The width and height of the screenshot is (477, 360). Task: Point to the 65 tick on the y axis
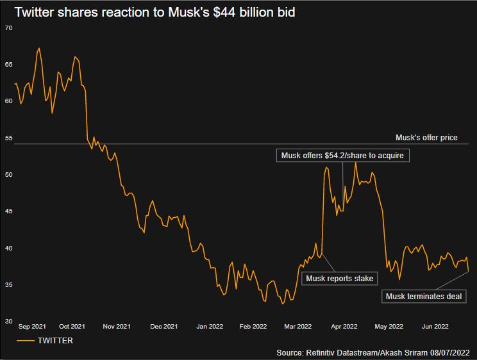coord(8,65)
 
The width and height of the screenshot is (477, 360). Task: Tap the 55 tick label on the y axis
coord(8,138)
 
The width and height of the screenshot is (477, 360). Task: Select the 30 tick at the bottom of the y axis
coord(8,322)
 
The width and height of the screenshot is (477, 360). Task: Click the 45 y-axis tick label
coord(8,211)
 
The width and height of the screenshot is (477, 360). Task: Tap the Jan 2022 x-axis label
coord(210,327)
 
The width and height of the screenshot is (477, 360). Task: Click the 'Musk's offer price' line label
coord(426,137)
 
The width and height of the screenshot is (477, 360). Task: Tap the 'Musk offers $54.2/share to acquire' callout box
coord(342,156)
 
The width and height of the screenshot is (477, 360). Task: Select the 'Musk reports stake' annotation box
coord(339,278)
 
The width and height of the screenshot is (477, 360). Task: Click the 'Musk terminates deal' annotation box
coord(423,296)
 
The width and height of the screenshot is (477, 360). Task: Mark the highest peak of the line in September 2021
coord(39,48)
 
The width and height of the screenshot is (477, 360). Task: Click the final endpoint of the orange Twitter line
coord(469,272)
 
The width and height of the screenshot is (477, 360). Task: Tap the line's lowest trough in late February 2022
coord(282,304)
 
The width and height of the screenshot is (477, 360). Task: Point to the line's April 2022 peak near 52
coord(355,162)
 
